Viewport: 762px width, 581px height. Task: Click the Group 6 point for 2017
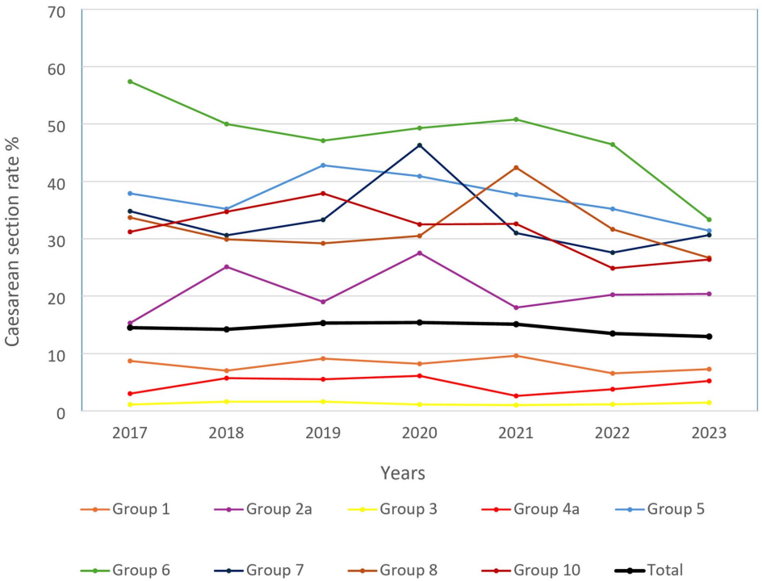[129, 82]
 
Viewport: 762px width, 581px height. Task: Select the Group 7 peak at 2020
[420, 145]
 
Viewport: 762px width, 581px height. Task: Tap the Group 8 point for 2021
[517, 168]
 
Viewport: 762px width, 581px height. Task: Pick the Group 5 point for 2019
[323, 165]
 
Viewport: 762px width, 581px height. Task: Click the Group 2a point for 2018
[226, 266]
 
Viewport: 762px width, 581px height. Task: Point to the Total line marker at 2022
[613, 333]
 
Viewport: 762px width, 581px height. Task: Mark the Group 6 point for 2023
[710, 219]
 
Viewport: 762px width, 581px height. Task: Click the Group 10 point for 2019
[323, 194]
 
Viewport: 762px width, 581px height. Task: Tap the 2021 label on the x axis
[517, 433]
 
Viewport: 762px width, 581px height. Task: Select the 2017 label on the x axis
[129, 433]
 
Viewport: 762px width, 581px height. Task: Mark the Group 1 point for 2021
[517, 356]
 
